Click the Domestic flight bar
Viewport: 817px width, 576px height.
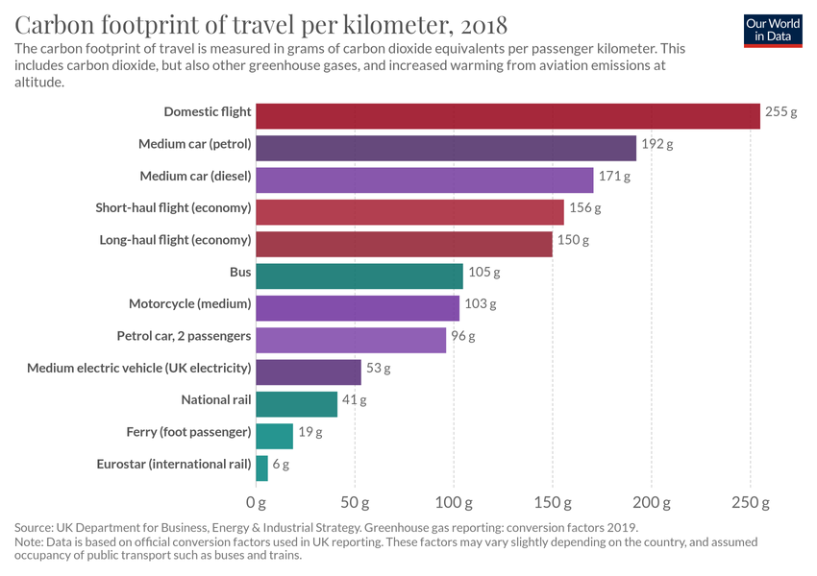pos(508,116)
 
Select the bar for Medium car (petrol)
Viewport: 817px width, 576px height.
pos(446,148)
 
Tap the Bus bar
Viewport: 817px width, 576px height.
pos(359,276)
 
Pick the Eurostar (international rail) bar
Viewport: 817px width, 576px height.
pos(261,468)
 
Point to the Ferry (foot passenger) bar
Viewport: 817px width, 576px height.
pos(274,436)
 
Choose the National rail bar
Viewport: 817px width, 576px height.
pos(297,404)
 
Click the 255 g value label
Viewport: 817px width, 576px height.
pos(781,112)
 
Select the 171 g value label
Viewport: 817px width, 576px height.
pos(614,177)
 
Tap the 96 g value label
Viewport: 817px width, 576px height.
pos(463,336)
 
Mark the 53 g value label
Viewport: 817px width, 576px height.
pos(379,368)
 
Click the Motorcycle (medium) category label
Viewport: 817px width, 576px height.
pos(190,304)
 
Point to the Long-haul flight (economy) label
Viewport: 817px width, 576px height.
pos(176,240)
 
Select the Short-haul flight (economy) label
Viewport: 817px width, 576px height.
pos(174,208)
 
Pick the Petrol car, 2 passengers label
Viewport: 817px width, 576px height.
pos(184,336)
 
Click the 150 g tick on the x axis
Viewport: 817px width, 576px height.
pos(553,502)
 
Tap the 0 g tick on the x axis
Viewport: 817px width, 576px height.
pos(256,502)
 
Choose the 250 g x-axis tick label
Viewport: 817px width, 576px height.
pos(751,502)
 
